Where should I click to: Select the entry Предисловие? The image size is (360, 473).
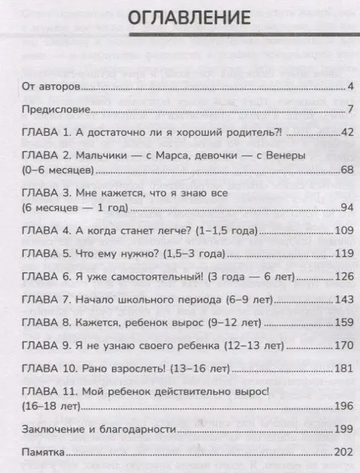pyautogui.click(x=56, y=110)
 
